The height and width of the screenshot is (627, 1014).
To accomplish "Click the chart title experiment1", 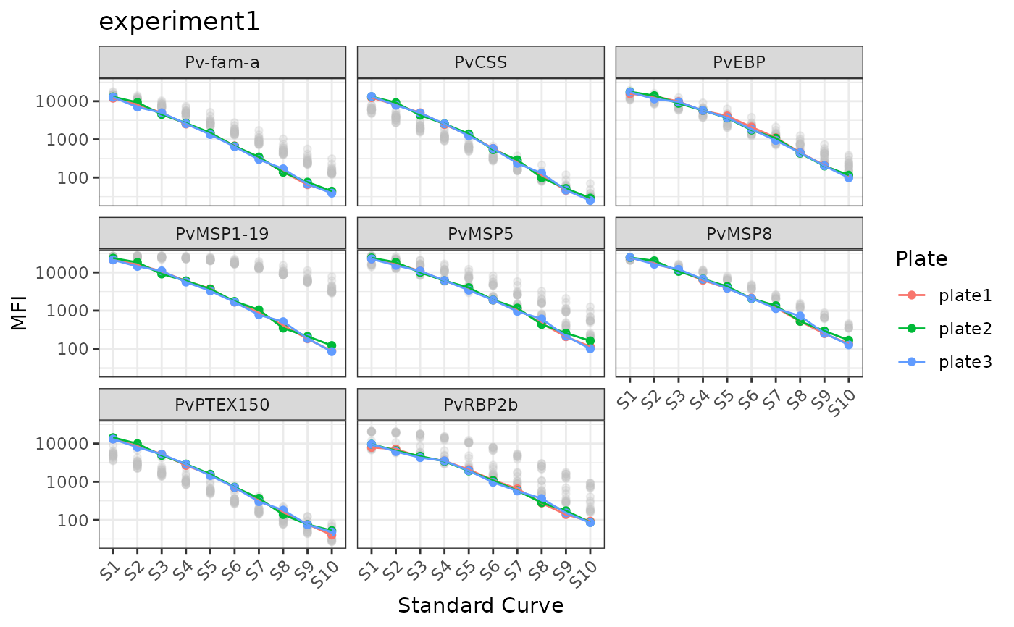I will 179,22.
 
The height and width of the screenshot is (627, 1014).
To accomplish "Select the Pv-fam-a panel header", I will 222,62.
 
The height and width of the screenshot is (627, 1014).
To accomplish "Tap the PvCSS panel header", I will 480,62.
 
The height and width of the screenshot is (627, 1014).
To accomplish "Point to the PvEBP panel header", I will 739,62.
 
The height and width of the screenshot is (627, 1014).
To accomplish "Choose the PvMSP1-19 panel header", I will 222,234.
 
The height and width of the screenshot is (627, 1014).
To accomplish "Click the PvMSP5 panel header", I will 480,234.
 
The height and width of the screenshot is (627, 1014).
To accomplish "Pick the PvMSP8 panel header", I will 739,234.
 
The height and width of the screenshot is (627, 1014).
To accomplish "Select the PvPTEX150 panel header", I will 222,405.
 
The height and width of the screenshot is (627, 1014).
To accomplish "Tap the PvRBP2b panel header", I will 480,405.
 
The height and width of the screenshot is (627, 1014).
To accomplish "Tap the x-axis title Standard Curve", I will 480,605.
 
